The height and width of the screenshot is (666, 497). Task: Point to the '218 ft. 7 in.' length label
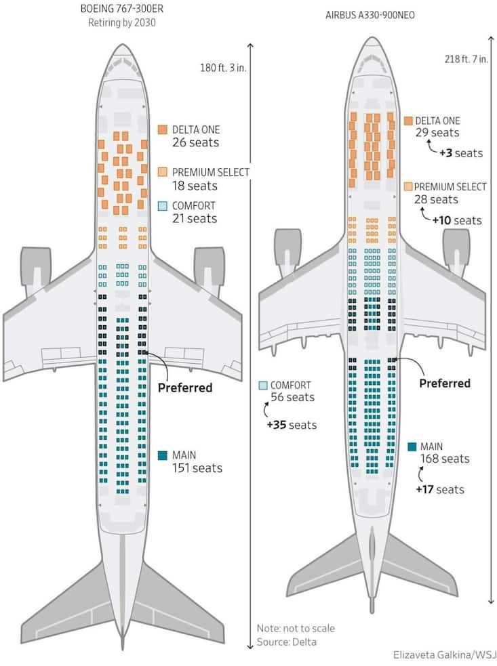464,59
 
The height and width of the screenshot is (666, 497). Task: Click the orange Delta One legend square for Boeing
163,129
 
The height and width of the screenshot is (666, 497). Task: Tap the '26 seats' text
195,142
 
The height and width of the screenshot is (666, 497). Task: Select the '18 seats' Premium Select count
193,185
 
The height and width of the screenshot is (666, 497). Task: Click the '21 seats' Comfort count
194,218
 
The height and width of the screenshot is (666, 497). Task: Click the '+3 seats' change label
461,153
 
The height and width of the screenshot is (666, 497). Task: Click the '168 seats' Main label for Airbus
445,459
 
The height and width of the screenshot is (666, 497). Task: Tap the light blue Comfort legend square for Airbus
263,386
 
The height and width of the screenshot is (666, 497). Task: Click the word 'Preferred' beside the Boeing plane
185,388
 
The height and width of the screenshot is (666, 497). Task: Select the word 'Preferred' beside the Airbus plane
444,383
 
